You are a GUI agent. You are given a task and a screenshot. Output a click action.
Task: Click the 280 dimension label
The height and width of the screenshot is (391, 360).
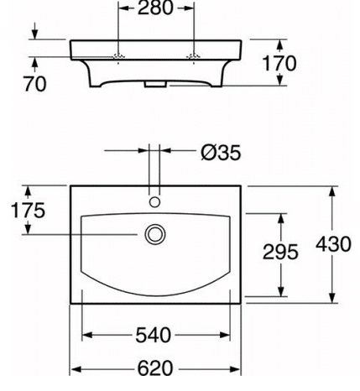coord(157,10)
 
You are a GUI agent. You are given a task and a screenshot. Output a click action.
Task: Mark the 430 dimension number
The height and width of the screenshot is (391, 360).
coord(332,243)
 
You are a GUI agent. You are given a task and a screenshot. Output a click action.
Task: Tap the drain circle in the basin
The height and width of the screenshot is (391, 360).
coord(154,234)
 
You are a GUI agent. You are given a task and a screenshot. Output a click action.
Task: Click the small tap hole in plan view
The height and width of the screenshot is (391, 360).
coord(154,201)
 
